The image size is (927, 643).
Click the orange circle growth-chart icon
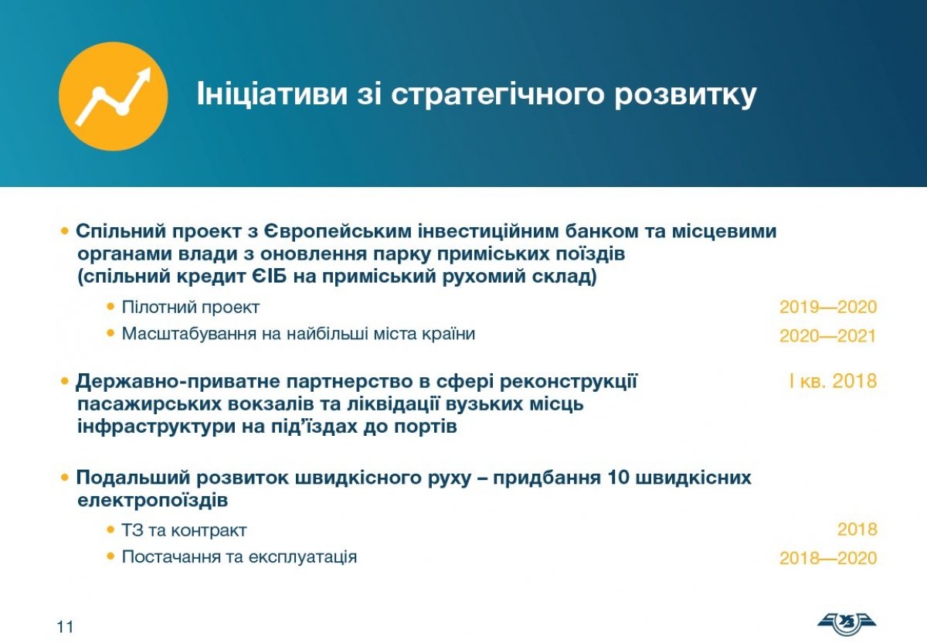[x=114, y=96]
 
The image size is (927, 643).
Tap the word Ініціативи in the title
[x=272, y=94]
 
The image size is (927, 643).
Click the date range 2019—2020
[x=828, y=307]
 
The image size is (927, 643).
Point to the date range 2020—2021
[x=828, y=335]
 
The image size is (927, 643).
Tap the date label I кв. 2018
[x=833, y=381]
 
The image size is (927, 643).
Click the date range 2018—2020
[x=828, y=558]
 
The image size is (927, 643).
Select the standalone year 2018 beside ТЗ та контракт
[x=857, y=529]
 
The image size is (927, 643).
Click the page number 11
[x=65, y=627]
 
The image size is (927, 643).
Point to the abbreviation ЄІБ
[x=269, y=276]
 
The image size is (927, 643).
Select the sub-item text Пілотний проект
[x=190, y=308]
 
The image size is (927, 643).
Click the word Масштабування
[x=189, y=334]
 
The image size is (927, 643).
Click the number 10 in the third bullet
[x=617, y=478]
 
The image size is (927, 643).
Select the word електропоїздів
[x=153, y=501]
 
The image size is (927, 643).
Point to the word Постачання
[x=171, y=557]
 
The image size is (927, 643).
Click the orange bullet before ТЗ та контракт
[x=110, y=529]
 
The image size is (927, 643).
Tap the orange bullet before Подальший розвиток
[x=65, y=478]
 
